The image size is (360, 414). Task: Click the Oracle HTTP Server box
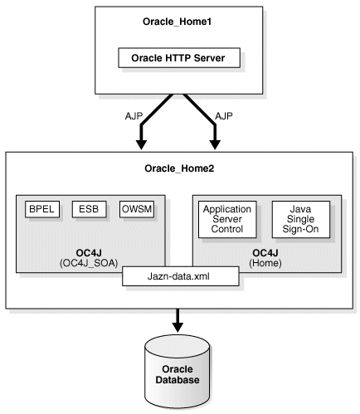click(x=180, y=58)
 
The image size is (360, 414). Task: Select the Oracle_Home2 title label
click(x=180, y=170)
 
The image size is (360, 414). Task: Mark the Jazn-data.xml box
click(x=181, y=276)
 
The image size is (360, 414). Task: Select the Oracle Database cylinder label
click(x=180, y=373)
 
